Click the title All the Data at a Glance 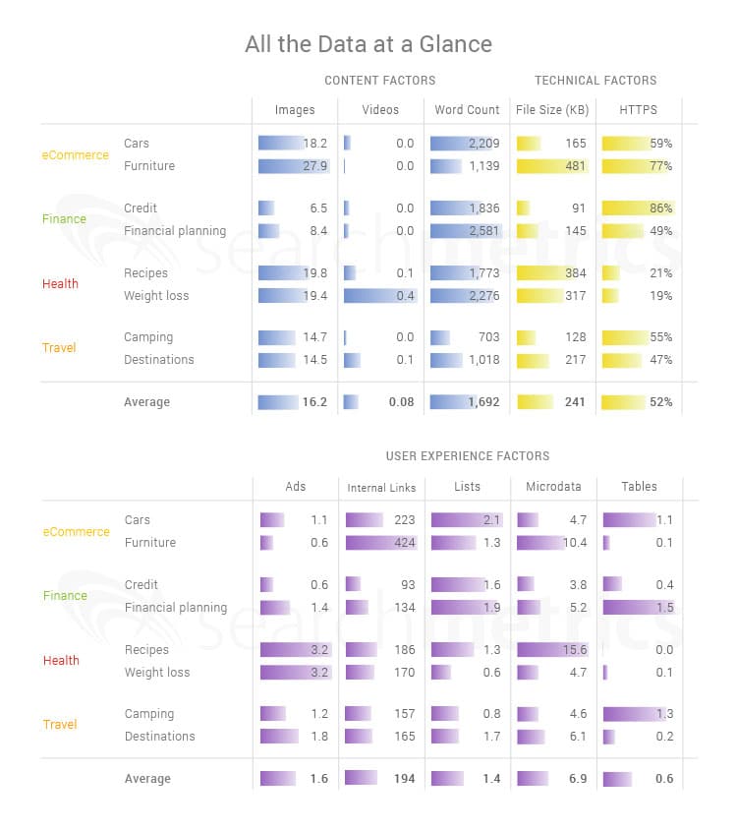368,45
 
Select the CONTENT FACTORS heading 379,81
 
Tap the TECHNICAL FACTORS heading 595,81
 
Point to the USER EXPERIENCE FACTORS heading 468,456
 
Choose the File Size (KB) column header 552,110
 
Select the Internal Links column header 381,487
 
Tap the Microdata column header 553,487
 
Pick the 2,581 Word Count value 484,231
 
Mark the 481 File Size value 575,166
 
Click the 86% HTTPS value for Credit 660,208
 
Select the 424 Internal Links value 403,543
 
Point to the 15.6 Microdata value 574,650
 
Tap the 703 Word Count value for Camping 488,337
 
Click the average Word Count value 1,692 483,402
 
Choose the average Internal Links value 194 403,779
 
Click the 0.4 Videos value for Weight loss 404,296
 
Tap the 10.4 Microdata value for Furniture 574,543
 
